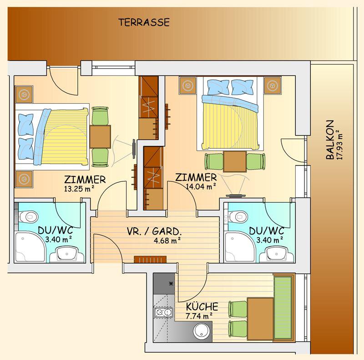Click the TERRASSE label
coord(144,22)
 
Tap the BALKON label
coord(330,140)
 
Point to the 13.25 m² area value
coord(79,189)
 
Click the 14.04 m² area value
coord(201,186)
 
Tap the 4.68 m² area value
coord(167,240)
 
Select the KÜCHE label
coord(202,306)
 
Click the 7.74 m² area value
coord(199,316)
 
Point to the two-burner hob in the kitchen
coord(164,312)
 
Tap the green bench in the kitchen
coord(283,308)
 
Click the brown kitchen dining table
coord(260,319)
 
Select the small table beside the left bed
coord(100,137)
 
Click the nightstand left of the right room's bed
coord(188,85)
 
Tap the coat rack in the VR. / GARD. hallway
coord(151,260)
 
